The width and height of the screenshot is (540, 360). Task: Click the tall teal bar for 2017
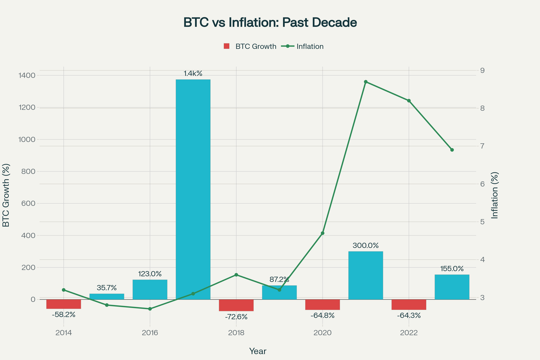193,189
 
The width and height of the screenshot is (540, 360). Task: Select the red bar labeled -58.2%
63,304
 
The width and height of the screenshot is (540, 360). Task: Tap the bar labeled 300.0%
366,275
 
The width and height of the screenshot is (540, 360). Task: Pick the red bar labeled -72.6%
236,305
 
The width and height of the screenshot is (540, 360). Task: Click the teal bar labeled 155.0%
452,287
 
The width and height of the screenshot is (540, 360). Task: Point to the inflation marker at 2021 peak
366,82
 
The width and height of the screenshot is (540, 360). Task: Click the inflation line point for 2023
452,150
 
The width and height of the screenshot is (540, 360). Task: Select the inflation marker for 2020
323,233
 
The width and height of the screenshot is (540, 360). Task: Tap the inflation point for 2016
150,309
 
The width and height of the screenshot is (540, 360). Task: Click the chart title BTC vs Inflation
270,23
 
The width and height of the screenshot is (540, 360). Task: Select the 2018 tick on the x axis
236,333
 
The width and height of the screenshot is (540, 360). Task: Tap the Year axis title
258,351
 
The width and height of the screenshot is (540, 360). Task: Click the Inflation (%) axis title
495,195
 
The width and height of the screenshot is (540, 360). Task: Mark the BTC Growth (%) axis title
6,195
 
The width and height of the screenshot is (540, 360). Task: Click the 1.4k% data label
193,73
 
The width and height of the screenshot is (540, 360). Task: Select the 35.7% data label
107,288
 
